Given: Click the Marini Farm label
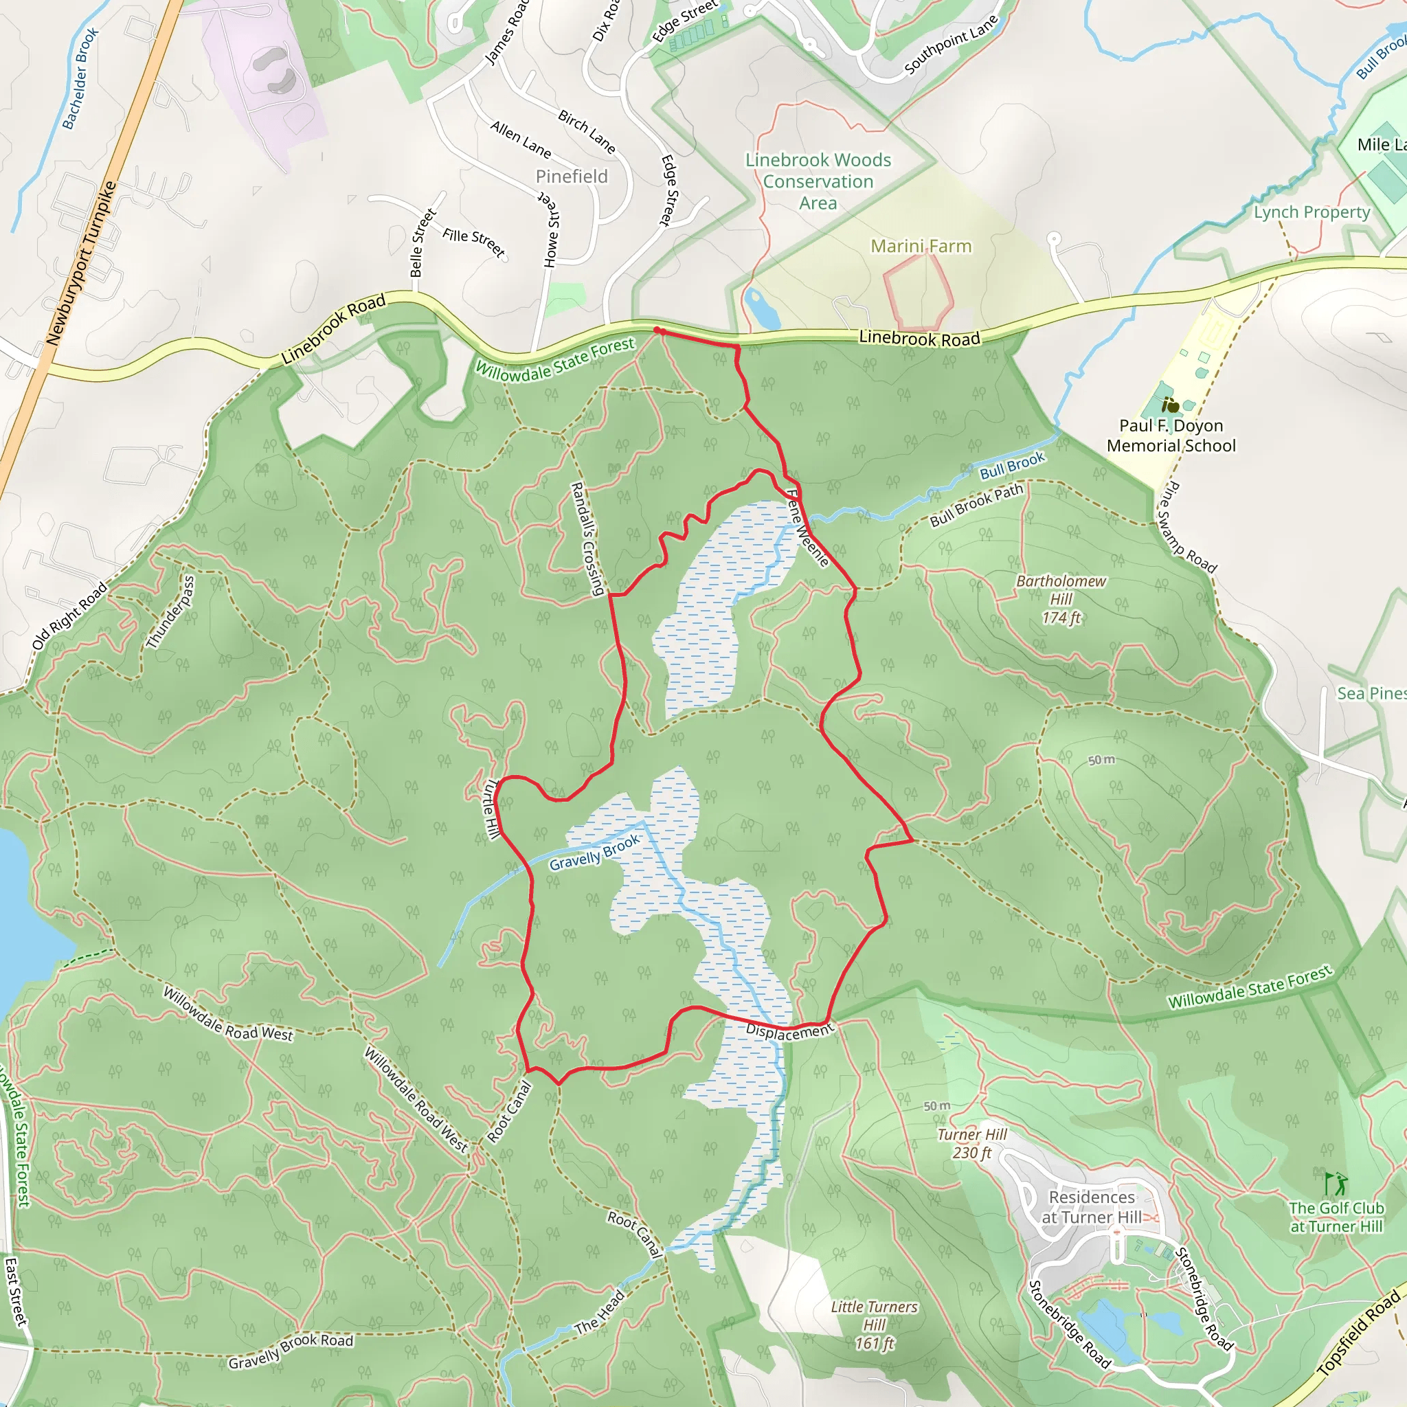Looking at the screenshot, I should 921,246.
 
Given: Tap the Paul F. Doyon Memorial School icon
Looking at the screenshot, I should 1170,405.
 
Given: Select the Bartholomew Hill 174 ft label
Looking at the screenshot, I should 1060,598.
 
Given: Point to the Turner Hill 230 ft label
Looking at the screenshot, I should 971,1143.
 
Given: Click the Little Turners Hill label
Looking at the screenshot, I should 874,1325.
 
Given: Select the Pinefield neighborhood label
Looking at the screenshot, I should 571,177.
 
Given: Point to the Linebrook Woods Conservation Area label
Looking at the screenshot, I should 818,181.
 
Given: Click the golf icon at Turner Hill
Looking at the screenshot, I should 1336,1184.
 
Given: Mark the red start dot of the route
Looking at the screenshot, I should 657,330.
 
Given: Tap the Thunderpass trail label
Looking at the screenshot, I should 170,611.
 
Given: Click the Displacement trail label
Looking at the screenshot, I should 789,1032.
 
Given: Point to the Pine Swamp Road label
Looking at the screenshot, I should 1186,528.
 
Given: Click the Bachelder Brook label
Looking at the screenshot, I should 80,78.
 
